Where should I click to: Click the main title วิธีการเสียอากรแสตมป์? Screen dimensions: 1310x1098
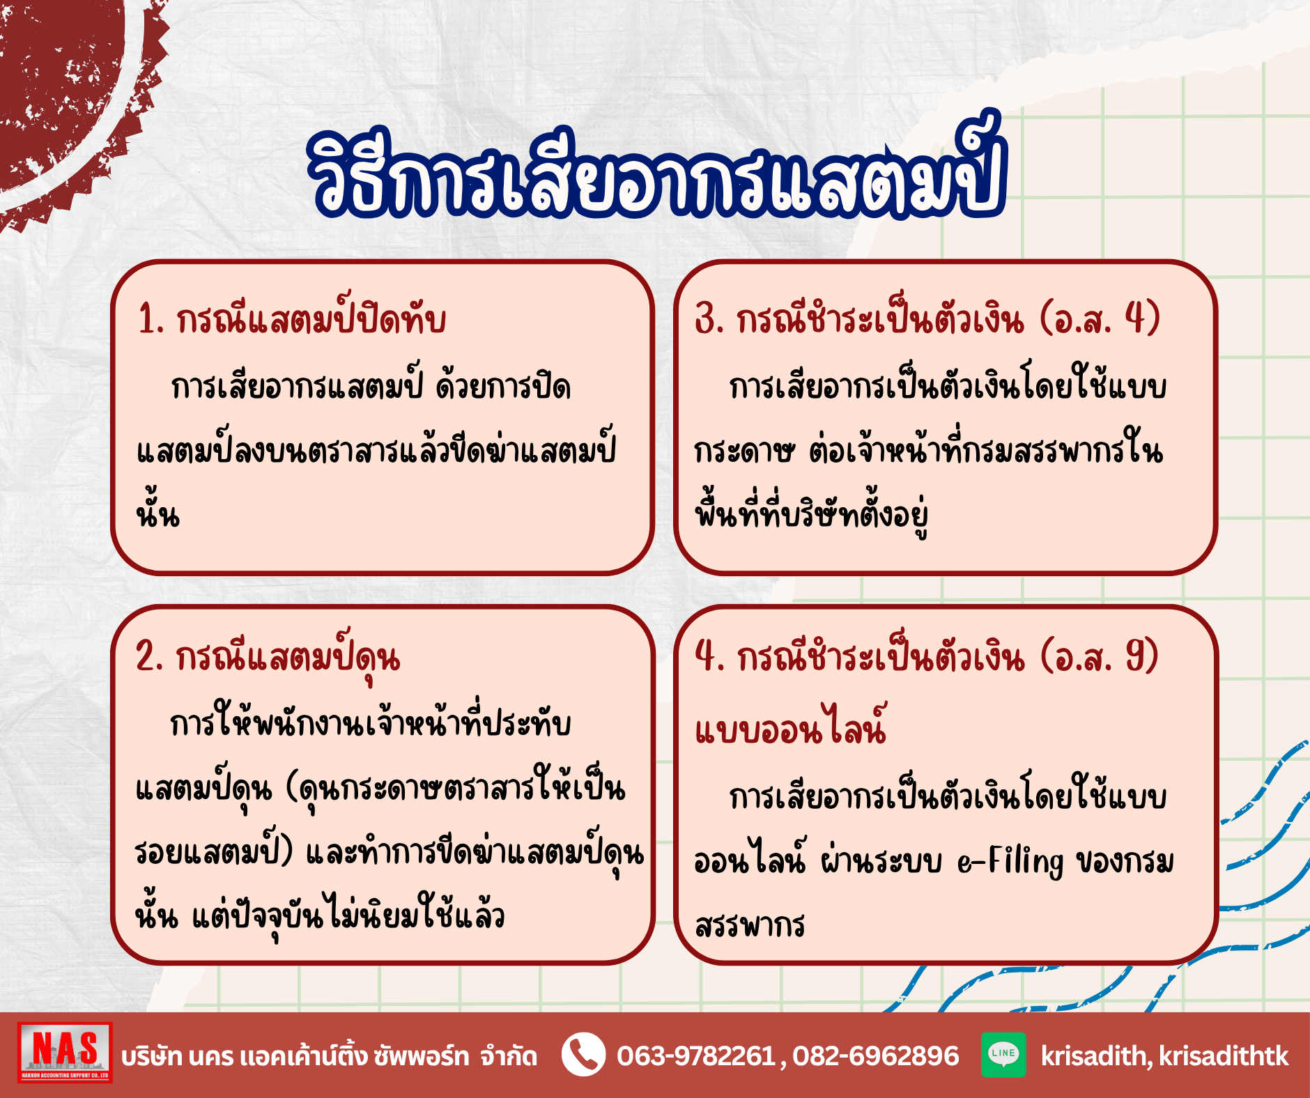(x=658, y=171)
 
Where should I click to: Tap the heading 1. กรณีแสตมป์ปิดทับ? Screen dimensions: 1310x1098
(x=291, y=319)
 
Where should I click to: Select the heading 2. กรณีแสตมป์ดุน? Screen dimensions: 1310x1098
(x=268, y=656)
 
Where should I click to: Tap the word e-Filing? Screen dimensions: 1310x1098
(x=1010, y=861)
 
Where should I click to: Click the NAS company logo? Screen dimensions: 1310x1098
(x=65, y=1052)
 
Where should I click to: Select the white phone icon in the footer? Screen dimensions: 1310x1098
(x=583, y=1054)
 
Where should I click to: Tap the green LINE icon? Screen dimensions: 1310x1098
(x=1003, y=1054)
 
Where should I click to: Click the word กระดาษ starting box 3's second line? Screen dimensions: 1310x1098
(x=744, y=451)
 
